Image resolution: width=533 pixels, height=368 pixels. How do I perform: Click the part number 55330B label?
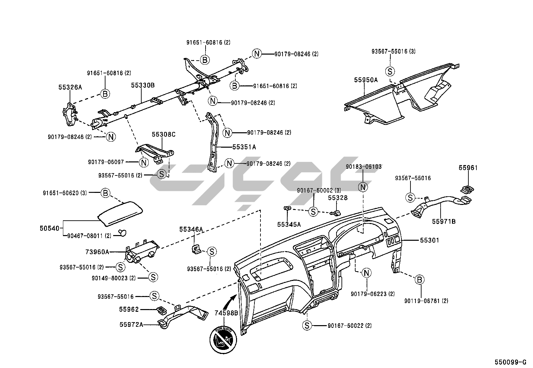[x=143, y=85]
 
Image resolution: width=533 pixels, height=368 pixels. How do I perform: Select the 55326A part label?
[x=70, y=87]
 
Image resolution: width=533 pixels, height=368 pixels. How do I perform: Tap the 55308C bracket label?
[x=163, y=134]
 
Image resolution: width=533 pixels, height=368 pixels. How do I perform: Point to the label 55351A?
[x=244, y=147]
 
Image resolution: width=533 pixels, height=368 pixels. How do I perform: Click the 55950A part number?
[x=366, y=80]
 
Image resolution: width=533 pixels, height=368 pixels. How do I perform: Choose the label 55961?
[x=468, y=168]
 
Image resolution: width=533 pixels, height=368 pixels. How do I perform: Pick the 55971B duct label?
[x=444, y=221]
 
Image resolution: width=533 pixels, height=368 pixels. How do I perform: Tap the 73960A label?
[x=97, y=251]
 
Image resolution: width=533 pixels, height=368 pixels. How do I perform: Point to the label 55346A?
[x=191, y=229]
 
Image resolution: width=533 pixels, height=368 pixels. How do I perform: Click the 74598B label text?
[x=226, y=313]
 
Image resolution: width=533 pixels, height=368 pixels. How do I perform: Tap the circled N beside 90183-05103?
[x=363, y=187]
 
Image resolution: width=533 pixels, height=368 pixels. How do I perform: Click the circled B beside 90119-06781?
[x=420, y=279]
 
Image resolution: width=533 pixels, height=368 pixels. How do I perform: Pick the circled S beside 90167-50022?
[x=307, y=325]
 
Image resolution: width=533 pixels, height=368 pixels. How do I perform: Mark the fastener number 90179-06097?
[x=106, y=162]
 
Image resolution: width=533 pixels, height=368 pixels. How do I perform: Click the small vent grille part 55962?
[x=162, y=310]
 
